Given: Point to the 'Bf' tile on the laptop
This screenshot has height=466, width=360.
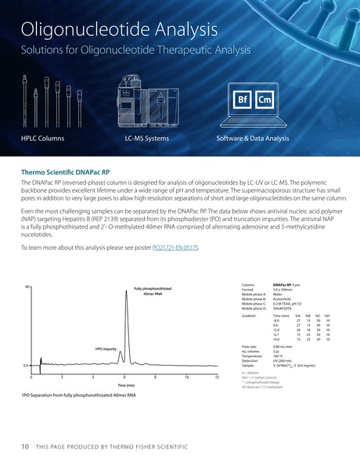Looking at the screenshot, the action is click(x=243, y=100).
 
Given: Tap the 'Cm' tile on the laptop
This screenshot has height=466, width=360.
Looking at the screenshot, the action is click(x=265, y=100).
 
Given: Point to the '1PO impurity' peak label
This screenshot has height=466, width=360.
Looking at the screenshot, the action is click(x=106, y=348).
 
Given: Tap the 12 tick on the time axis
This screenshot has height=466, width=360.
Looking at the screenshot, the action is click(x=218, y=378).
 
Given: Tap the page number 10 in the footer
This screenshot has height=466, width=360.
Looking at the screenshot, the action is click(x=24, y=446).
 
